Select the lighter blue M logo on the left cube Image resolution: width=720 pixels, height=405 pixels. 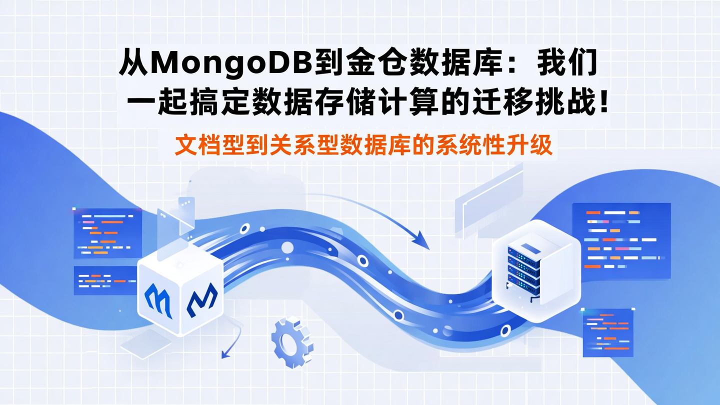(x=158, y=299)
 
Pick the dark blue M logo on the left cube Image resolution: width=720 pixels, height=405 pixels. (x=202, y=299)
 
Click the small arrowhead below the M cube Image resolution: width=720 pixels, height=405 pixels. (x=226, y=354)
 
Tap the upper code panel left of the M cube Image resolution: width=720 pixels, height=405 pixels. (x=107, y=233)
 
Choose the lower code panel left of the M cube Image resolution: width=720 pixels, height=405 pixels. (x=105, y=280)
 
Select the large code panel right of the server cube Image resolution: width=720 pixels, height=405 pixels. (x=621, y=240)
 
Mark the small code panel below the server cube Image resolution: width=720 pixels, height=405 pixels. (x=607, y=332)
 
